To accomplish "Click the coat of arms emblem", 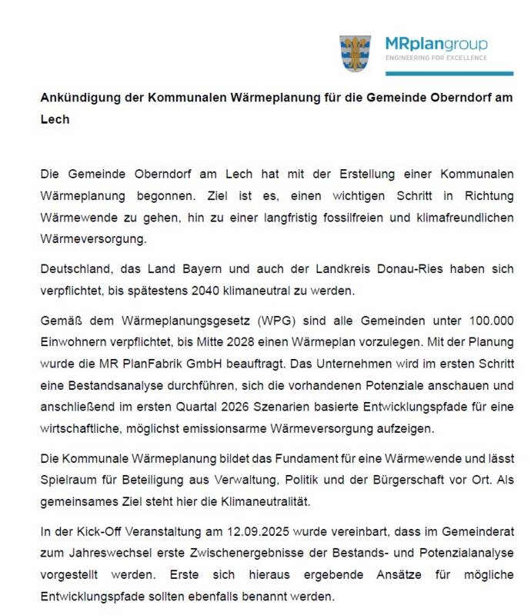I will click(356, 53).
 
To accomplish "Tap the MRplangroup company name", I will click(436, 45).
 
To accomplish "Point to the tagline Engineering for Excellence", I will click(436, 58).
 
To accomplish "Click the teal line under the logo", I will click(449, 73).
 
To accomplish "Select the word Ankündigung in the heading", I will click(77, 99).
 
